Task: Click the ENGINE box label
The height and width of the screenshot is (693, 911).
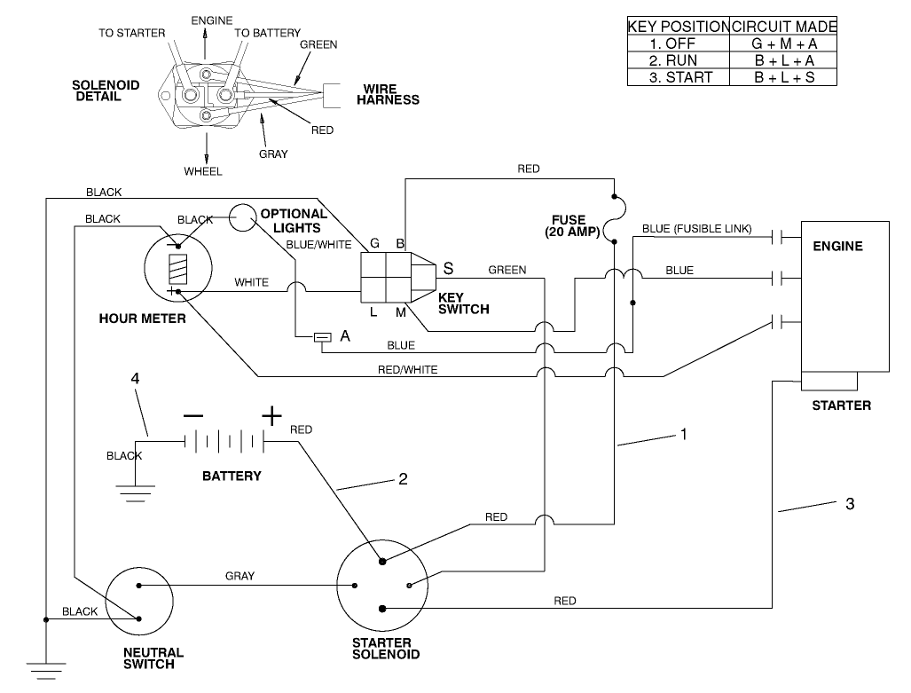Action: (x=837, y=246)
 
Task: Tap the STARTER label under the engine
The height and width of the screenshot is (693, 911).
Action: (x=841, y=406)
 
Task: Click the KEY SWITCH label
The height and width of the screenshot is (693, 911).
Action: (x=463, y=303)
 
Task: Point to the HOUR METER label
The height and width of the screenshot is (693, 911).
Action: (x=142, y=318)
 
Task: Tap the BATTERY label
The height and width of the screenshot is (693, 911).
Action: (x=232, y=476)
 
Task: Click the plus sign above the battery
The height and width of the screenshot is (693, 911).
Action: (x=271, y=414)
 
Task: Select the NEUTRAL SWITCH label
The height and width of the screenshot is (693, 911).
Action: (x=153, y=658)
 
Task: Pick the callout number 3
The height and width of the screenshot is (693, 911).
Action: (x=849, y=504)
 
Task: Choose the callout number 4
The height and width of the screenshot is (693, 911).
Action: (x=135, y=379)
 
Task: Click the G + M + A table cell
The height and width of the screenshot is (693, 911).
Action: (x=783, y=43)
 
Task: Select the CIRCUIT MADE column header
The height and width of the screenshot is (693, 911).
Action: (x=783, y=27)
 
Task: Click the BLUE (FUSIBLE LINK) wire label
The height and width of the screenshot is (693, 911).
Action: (x=696, y=229)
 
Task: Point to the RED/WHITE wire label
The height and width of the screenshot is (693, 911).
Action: (x=408, y=369)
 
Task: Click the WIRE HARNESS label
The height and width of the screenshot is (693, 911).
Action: (x=388, y=94)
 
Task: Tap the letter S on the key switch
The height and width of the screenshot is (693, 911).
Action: (x=448, y=267)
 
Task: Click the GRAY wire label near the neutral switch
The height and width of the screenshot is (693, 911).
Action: (x=240, y=576)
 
